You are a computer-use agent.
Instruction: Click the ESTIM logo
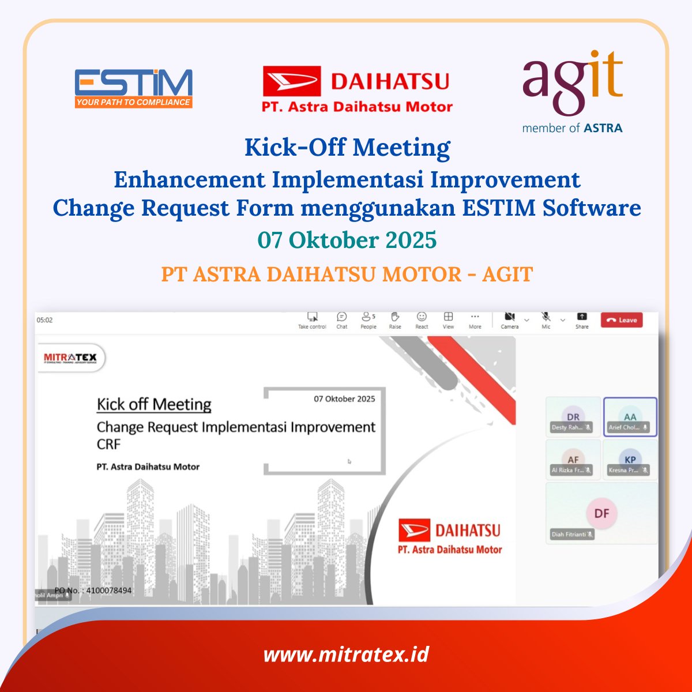tap(133, 88)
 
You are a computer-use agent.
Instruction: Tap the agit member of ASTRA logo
tap(572, 92)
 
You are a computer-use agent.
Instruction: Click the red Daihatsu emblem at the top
tap(291, 81)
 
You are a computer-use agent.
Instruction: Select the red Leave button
tap(622, 320)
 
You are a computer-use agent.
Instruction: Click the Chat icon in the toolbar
tap(342, 317)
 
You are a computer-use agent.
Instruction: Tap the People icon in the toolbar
tap(367, 317)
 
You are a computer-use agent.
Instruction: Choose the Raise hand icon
tap(395, 317)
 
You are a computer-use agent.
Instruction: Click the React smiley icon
tap(422, 317)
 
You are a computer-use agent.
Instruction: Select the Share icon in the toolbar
tap(582, 317)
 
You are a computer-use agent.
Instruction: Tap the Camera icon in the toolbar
tap(509, 317)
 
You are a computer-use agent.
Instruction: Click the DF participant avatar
tap(601, 513)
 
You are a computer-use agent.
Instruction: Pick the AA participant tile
tap(630, 417)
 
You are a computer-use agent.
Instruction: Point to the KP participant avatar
tap(630, 460)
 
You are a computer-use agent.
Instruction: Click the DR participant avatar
tap(573, 417)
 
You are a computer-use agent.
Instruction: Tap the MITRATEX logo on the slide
tap(70, 358)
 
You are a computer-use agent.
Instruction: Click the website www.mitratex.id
tap(346, 655)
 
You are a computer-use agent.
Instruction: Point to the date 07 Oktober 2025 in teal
tap(347, 240)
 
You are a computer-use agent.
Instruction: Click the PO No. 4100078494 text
tap(93, 590)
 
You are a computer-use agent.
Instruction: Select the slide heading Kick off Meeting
tap(154, 404)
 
